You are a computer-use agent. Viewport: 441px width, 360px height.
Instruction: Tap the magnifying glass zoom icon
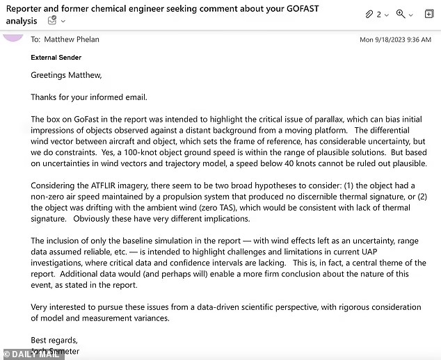click(x=401, y=14)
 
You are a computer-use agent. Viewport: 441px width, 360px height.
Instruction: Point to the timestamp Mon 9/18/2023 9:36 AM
click(x=395, y=40)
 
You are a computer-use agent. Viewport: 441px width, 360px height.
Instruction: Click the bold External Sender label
click(x=56, y=58)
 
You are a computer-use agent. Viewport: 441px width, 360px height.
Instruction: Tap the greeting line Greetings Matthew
click(x=66, y=75)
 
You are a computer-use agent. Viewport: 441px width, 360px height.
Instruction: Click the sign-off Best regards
click(x=54, y=339)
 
